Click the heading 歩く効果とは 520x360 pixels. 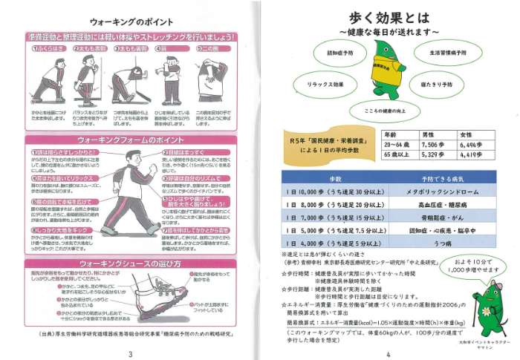(392, 18)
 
